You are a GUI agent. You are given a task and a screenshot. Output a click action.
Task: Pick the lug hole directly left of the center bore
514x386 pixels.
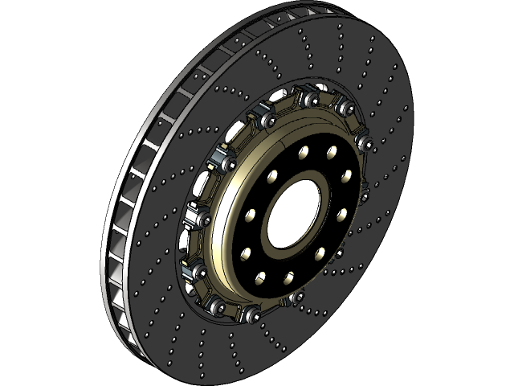(251, 216)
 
